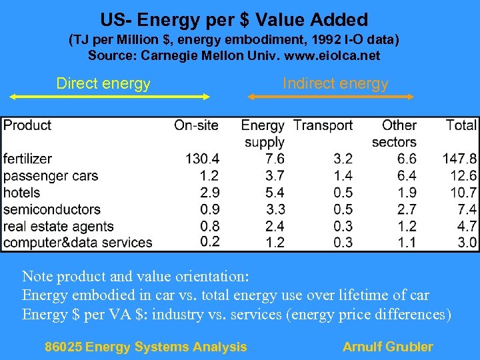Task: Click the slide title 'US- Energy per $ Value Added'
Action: click(234, 19)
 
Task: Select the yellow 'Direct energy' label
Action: click(103, 83)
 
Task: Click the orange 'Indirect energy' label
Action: click(335, 83)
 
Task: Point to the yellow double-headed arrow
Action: click(109, 97)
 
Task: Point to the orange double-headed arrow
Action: click(331, 97)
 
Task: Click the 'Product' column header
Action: click(27, 125)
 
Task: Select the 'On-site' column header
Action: click(196, 125)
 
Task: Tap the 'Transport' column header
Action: click(323, 125)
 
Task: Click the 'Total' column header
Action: click(461, 125)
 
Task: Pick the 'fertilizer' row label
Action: click(27, 159)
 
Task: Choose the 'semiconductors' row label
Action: click(51, 209)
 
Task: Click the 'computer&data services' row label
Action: click(77, 243)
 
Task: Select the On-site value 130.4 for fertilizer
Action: click(202, 159)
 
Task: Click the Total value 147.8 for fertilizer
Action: click(459, 159)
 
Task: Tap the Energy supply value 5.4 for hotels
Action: click(275, 193)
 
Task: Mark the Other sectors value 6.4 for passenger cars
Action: click(407, 176)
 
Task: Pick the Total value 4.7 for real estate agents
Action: click(467, 226)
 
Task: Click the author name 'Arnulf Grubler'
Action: click(387, 347)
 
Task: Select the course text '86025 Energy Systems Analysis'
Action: click(145, 347)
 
